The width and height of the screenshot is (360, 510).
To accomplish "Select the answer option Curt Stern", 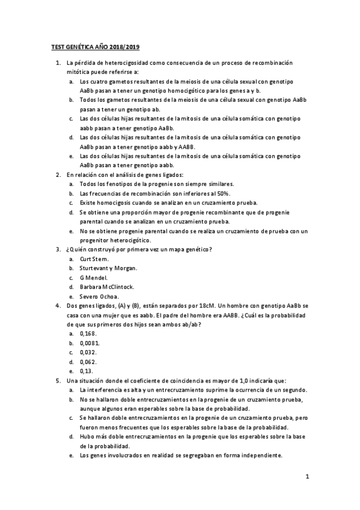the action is [x=94, y=259].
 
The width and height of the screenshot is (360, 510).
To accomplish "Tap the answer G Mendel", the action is [x=94, y=277].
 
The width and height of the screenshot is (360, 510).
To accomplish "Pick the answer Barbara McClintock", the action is [x=106, y=287].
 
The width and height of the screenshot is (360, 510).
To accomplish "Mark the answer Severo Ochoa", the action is [x=99, y=296].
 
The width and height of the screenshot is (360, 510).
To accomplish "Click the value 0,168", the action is [x=88, y=334].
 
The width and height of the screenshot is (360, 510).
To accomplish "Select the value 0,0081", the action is [x=90, y=343].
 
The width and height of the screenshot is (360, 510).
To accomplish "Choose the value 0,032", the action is [x=88, y=352].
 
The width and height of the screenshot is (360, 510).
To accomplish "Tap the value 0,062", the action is [x=88, y=362].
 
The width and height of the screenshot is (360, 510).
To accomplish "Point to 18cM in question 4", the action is [x=206, y=306].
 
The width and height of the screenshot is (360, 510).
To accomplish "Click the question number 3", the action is [x=58, y=249].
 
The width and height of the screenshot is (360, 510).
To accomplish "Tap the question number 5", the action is [x=58, y=381].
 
